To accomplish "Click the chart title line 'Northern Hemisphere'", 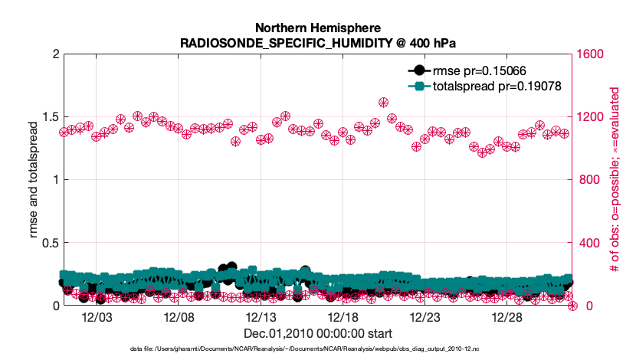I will pos(317,27).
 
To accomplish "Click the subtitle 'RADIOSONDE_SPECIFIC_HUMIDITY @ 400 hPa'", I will pos(317,42).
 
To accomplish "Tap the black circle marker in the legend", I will pos(417,70).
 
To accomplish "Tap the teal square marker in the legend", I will pos(417,87).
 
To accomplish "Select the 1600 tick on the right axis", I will pos(590,54).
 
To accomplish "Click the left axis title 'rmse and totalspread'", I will pos(33,179).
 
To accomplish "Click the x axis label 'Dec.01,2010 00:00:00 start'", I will pos(317,333).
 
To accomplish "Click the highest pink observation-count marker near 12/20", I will pos(383,103).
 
